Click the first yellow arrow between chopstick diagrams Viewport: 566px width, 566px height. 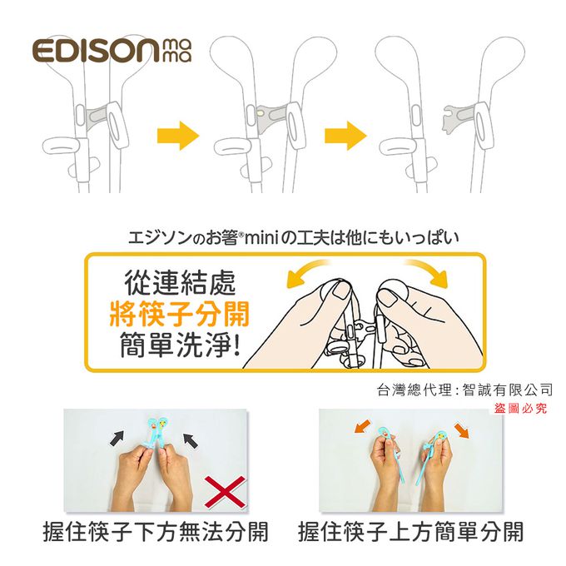[178, 134]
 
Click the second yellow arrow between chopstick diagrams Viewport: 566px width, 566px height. [345, 134]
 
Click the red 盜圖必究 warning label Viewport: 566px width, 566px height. [520, 407]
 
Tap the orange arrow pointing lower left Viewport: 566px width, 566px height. [360, 428]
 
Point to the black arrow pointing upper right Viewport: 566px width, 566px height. [119, 437]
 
